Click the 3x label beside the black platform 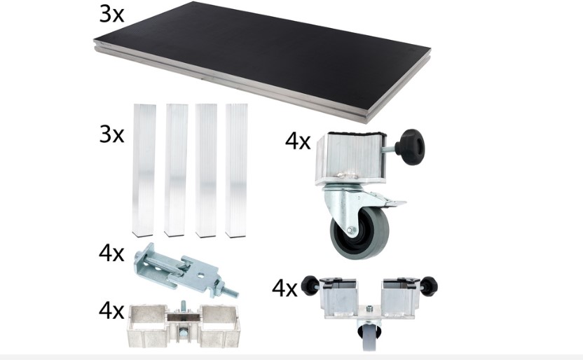click(111, 15)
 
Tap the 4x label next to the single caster click(297, 141)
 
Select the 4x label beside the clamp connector click(111, 253)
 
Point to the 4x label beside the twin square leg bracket click(111, 310)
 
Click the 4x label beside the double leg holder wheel click(284, 289)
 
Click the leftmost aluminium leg click(144, 170)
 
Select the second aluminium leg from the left click(175, 170)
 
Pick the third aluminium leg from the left click(206, 170)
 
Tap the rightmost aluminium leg click(236, 170)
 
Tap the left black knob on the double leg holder click(310, 285)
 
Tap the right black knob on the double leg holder click(429, 286)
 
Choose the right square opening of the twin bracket click(218, 319)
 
